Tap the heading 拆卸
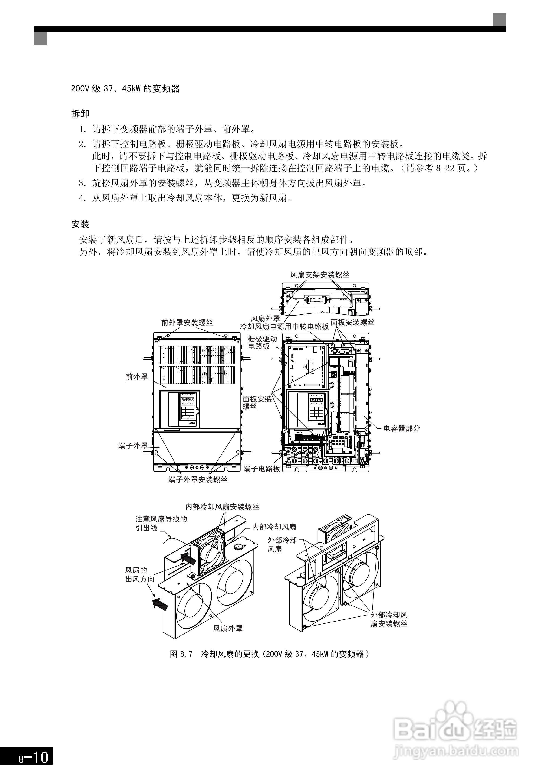80,113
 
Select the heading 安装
80,224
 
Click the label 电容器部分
402,428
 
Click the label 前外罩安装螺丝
187,323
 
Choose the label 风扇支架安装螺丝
319,275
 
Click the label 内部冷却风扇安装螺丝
222,507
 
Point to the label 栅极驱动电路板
262,342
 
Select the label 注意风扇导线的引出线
161,524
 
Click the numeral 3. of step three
82,183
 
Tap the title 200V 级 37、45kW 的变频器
125,89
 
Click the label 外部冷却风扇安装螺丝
389,619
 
